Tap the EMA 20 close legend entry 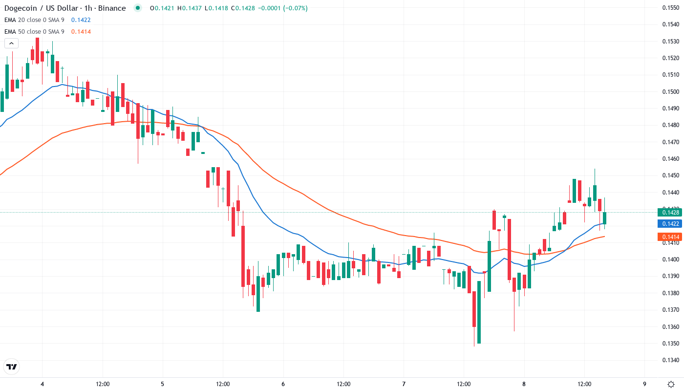pyautogui.click(x=34, y=20)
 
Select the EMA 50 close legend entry pyautogui.click(x=34, y=32)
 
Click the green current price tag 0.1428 pyautogui.click(x=668, y=212)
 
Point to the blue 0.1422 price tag pyautogui.click(x=668, y=224)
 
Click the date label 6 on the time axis pyautogui.click(x=283, y=384)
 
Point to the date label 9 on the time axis pyautogui.click(x=644, y=384)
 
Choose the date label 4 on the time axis pyautogui.click(x=42, y=384)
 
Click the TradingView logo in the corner pyautogui.click(x=11, y=367)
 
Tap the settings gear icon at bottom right pyautogui.click(x=671, y=384)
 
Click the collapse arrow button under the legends pyautogui.click(x=11, y=43)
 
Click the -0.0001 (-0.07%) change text pyautogui.click(x=270, y=8)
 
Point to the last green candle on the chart pyautogui.click(x=604, y=218)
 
